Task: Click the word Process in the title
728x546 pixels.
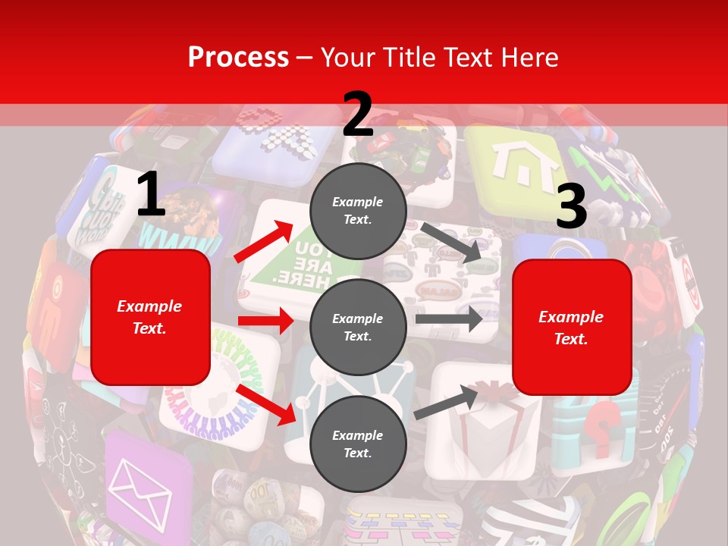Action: [x=238, y=58]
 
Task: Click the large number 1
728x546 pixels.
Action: [x=151, y=195]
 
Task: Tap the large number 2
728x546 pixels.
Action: [x=358, y=115]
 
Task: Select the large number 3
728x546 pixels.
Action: [x=571, y=206]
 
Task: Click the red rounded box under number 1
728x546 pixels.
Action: [x=150, y=317]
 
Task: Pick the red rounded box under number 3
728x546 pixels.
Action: [x=572, y=327]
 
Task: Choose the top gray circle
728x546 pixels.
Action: [x=358, y=211]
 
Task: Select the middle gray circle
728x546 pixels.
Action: [x=358, y=328]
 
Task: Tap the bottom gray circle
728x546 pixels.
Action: [x=358, y=444]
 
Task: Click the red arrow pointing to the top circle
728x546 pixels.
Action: [x=265, y=241]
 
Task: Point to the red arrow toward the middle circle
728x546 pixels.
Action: [x=265, y=321]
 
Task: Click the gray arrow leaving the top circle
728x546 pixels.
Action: [x=452, y=242]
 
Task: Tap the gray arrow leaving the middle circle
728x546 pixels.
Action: [x=449, y=318]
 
